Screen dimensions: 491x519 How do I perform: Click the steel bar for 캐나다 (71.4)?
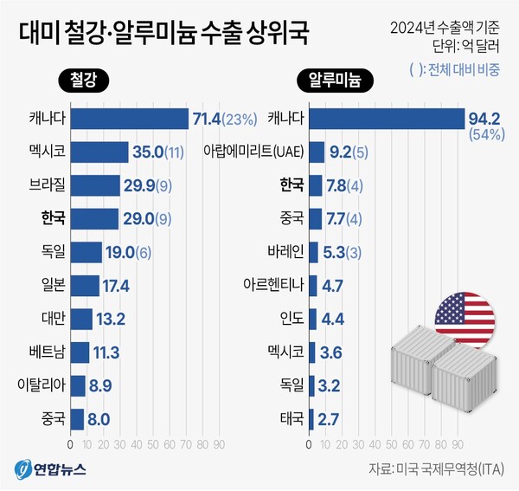tap(129, 118)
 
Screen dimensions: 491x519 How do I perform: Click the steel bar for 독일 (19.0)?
tap(86, 252)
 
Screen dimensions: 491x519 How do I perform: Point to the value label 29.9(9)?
tap(153, 185)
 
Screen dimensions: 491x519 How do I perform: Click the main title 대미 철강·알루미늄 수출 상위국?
tap(163, 36)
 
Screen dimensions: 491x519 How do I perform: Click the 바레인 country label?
tap(285, 252)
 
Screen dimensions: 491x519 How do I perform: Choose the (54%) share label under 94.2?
tap(486, 135)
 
